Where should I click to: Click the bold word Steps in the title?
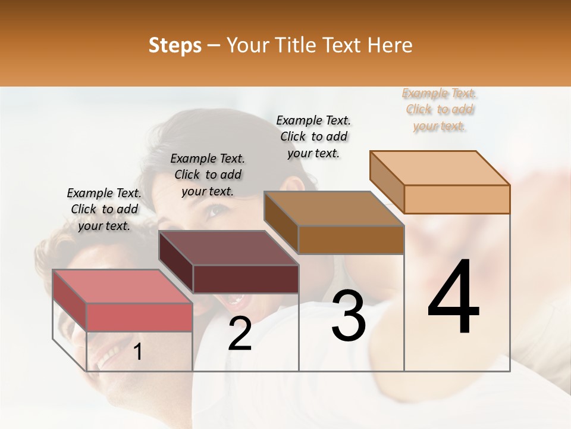(175, 45)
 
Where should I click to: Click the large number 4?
(454, 298)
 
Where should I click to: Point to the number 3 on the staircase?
(349, 316)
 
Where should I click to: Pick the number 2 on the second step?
(240, 334)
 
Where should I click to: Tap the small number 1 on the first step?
(137, 352)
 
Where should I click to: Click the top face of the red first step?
(122, 287)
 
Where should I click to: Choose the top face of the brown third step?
(334, 209)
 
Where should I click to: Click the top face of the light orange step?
(440, 168)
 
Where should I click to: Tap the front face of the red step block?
(139, 317)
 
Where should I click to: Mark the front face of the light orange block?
(457, 199)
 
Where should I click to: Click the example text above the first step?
(104, 209)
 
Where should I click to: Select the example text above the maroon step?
(208, 175)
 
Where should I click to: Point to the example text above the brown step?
(313, 136)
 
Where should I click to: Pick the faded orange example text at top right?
(440, 110)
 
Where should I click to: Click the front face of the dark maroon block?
(246, 279)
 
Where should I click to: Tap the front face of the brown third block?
(351, 240)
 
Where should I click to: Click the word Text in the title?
(346, 45)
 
